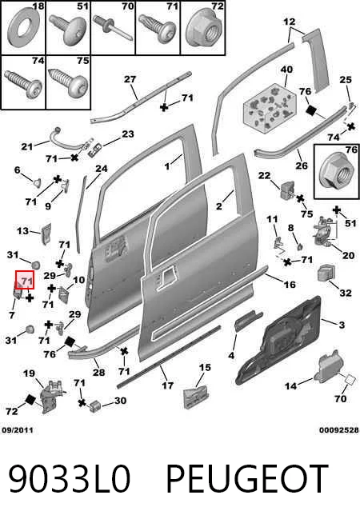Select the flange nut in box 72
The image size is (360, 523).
coord(203,31)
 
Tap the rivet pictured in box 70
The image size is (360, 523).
coord(113,28)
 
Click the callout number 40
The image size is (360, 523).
coord(286,70)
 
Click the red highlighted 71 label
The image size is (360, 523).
coord(25,280)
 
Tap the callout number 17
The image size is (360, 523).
coord(168,385)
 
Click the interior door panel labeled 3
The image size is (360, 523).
coord(278,339)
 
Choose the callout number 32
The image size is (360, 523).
coord(346,293)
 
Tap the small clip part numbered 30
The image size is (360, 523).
coord(95,405)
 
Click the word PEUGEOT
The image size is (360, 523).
coord(247,478)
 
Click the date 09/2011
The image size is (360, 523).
coord(18,430)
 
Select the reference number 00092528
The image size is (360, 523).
coord(338,430)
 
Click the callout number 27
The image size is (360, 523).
coord(130,79)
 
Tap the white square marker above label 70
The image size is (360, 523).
coord(350,379)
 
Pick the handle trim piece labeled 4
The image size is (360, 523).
coord(249,320)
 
